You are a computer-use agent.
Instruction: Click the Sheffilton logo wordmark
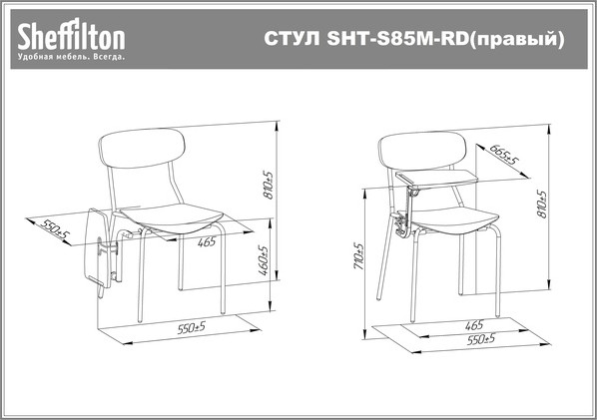pyautogui.click(x=71, y=37)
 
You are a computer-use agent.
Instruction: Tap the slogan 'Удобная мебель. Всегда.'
pyautogui.click(x=71, y=58)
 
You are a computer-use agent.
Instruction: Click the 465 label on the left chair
pyautogui.click(x=207, y=242)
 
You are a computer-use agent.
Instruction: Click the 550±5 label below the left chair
pyautogui.click(x=191, y=326)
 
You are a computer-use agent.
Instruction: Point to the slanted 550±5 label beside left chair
pyautogui.click(x=57, y=231)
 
